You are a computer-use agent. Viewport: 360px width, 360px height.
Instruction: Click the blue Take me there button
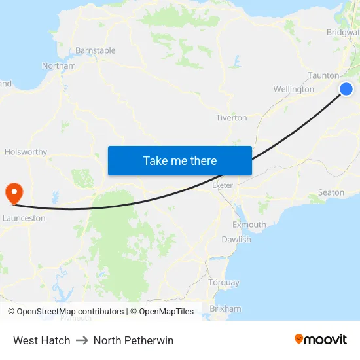point(179,160)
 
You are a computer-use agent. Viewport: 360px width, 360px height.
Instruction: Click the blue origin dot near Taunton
point(346,89)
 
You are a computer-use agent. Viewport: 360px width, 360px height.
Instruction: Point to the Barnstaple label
point(96,50)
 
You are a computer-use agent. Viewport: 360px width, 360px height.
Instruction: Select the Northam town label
point(59,66)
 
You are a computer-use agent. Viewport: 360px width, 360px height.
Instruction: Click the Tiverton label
point(232,118)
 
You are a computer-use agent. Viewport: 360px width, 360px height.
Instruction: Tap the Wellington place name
point(294,89)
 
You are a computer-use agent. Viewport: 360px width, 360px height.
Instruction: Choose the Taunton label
point(323,75)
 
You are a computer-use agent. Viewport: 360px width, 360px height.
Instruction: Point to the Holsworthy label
point(26,152)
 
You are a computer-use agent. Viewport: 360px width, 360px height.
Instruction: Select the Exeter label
point(223,185)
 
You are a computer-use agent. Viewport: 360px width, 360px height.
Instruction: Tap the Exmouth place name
point(249,225)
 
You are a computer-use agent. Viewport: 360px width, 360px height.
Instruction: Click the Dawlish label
point(236,240)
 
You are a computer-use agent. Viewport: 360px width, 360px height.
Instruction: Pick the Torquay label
point(223,283)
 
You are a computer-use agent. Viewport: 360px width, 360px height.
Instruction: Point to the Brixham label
point(225,308)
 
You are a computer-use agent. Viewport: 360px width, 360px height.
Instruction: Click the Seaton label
point(331,192)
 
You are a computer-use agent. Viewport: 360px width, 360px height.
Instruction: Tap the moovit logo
point(321,340)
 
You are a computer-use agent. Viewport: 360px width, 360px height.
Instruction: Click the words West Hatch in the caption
point(42,340)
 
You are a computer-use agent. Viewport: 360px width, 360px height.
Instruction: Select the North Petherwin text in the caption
point(134,340)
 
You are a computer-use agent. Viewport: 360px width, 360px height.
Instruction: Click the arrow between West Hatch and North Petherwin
point(82,340)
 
